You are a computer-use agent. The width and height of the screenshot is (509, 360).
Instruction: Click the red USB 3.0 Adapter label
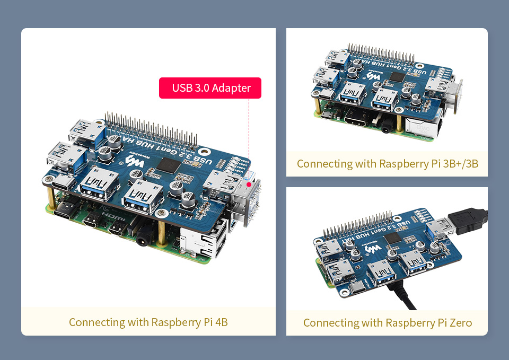pos(210,87)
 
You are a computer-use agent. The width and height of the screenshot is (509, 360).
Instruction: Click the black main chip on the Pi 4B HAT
pos(170,165)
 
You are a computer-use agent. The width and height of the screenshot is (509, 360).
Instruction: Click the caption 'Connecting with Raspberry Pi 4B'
pos(148,322)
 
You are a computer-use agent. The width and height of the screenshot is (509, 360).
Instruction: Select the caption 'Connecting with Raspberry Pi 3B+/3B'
pos(387,163)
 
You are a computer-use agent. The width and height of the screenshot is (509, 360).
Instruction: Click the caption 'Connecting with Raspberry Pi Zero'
pos(387,322)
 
